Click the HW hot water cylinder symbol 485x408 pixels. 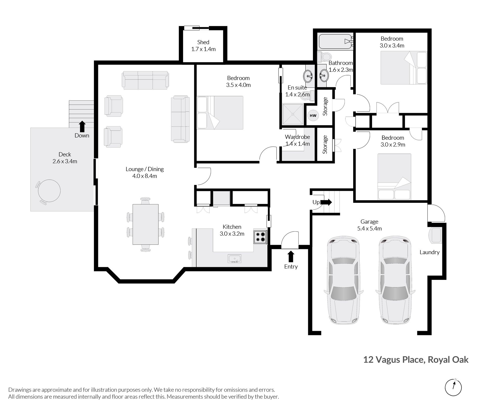coord(313,116)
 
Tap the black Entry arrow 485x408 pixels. coord(291,257)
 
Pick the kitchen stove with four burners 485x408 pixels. coord(260,237)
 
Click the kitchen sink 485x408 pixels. coord(235,259)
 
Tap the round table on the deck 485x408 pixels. coord(49,191)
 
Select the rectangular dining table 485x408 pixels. coord(145,224)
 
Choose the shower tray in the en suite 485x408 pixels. coord(293,114)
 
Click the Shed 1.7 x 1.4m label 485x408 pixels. coord(203,46)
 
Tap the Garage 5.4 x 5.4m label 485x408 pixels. coord(369,225)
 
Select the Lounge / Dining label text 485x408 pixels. coord(145,169)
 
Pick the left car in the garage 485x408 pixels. coord(344,280)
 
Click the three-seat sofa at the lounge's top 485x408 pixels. coord(145,80)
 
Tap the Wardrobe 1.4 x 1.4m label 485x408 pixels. coord(298,140)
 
